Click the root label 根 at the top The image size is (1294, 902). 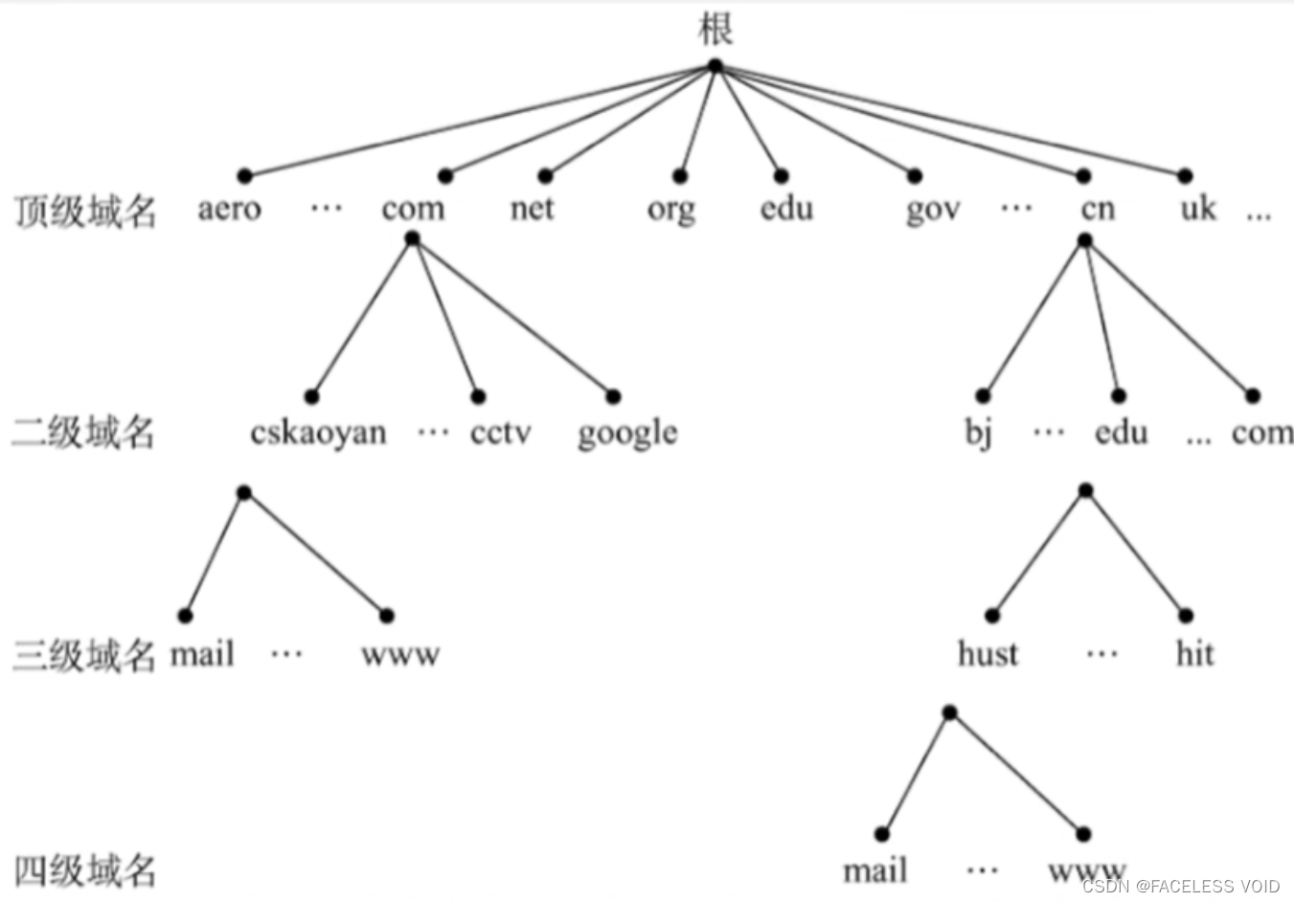coord(715,28)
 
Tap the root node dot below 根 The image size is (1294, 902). coord(715,66)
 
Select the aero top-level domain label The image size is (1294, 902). coord(229,209)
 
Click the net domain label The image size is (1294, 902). coord(532,208)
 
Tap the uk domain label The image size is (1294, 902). coord(1197,208)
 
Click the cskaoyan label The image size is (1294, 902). coord(318,434)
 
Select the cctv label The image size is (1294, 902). coord(500,434)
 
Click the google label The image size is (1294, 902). coord(627,434)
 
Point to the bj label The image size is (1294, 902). coord(978,433)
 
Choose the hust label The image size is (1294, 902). coord(988,654)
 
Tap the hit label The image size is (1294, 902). coord(1194,654)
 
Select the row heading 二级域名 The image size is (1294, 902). coord(83,433)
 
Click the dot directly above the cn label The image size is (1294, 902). coord(1083,176)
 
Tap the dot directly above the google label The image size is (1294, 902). coord(613,396)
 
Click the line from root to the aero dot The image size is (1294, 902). coord(479,122)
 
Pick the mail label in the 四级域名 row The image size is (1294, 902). coord(874,871)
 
